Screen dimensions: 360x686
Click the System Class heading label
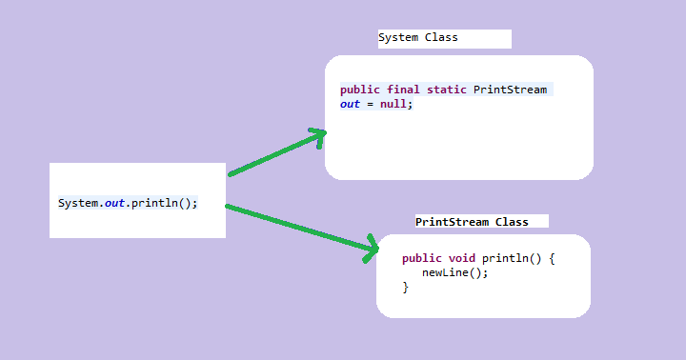click(417, 38)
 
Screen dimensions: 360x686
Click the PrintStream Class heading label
click(472, 222)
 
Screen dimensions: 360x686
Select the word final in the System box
click(403, 90)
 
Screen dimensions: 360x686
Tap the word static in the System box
click(446, 90)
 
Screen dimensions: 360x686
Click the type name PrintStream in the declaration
click(511, 90)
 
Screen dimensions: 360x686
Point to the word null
click(393, 104)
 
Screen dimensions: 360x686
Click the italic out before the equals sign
click(351, 104)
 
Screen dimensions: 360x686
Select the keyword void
click(462, 258)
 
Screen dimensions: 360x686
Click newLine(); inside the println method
click(455, 272)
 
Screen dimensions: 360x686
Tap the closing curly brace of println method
click(406, 287)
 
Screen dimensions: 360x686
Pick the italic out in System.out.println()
click(116, 204)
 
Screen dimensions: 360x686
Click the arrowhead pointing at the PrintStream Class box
click(372, 250)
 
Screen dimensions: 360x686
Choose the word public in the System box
click(360, 90)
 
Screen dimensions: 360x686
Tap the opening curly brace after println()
click(551, 258)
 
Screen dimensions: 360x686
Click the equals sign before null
click(372, 104)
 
